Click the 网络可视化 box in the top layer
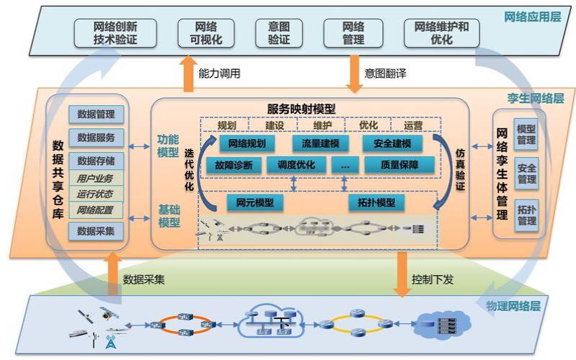point(205,33)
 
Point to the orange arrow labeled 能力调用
point(189,74)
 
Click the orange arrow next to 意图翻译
point(354,74)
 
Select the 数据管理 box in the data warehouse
point(96,114)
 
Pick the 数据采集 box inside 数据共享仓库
point(96,230)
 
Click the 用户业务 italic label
point(96,178)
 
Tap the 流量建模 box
point(320,143)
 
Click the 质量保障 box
point(400,165)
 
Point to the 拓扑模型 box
point(377,202)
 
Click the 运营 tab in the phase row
point(413,125)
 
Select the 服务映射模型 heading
point(301,109)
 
